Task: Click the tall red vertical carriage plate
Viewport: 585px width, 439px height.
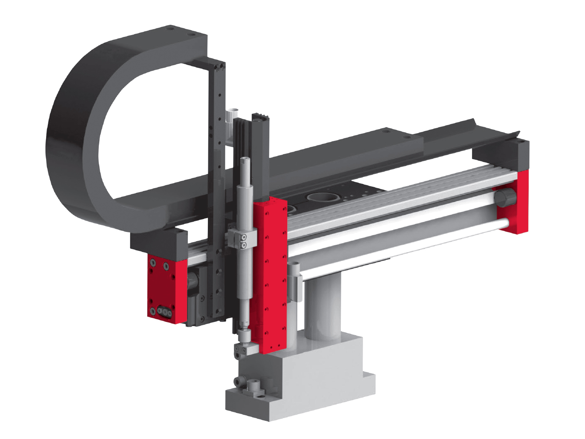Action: [x=270, y=275]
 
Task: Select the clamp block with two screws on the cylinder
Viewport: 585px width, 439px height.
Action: [x=242, y=239]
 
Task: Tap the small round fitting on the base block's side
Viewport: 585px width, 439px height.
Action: [x=240, y=381]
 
